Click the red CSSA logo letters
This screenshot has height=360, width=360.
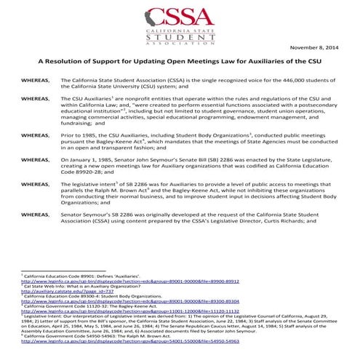[x=180, y=17]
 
